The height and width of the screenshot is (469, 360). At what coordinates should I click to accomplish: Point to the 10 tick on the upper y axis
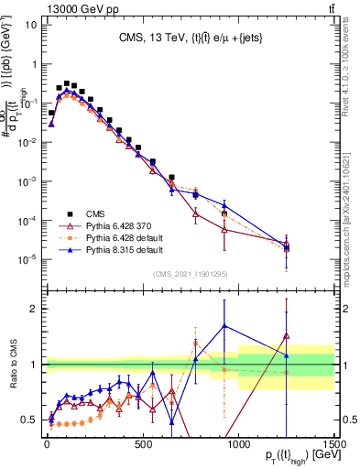(x=28, y=24)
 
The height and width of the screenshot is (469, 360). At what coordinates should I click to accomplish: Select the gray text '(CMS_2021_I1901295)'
(x=190, y=272)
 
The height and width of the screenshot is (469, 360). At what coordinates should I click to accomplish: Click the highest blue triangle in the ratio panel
(x=224, y=325)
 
